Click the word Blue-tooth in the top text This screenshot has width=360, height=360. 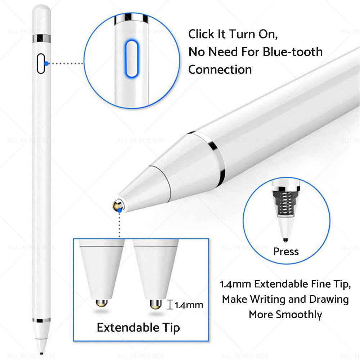click(x=292, y=52)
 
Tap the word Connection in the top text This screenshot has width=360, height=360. click(x=220, y=69)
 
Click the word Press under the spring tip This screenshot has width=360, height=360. click(x=286, y=251)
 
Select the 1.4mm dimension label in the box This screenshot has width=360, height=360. click(x=189, y=305)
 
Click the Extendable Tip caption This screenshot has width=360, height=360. click(x=138, y=328)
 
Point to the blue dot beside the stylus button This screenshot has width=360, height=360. click(x=46, y=64)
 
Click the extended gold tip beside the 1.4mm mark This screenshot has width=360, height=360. click(x=155, y=305)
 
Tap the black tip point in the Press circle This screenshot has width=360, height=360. click(x=286, y=239)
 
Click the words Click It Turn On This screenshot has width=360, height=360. click(x=233, y=35)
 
